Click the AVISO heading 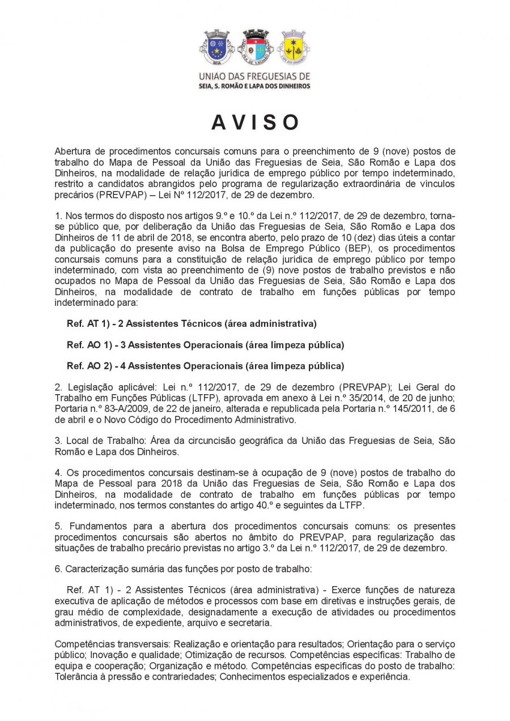[255, 122]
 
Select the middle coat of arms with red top [255, 48]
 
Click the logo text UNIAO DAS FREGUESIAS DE [254, 76]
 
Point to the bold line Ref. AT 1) [192, 323]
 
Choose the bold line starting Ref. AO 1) [205, 344]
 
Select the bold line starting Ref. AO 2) [205, 365]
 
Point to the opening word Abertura [72, 151]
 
